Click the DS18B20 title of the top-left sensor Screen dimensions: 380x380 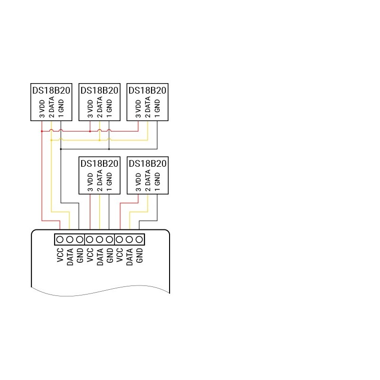click(51, 90)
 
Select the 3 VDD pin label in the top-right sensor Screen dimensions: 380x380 click(138, 109)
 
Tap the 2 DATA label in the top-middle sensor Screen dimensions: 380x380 click(100, 107)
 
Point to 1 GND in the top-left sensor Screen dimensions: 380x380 click(61, 109)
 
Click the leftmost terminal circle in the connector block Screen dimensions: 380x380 click(60, 240)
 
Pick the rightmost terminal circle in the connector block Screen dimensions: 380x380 click(139, 240)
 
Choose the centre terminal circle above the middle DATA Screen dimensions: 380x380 click(99, 240)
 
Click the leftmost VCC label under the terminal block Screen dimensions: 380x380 click(60, 255)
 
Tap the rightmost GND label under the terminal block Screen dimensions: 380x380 click(139, 256)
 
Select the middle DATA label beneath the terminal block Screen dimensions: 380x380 click(100, 257)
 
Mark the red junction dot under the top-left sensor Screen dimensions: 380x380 click(42, 132)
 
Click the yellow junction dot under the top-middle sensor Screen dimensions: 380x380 click(100, 140)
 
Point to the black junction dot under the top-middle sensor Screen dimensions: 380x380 click(109, 149)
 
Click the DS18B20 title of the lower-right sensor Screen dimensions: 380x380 click(148, 163)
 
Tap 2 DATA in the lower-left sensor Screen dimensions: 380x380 click(100, 180)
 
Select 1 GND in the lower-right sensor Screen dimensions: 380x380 click(157, 182)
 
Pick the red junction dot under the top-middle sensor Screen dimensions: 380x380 click(90, 132)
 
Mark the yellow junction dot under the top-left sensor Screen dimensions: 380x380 click(51, 140)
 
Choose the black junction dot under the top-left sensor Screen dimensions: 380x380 click(61, 149)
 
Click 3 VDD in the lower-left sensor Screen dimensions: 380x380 click(90, 182)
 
